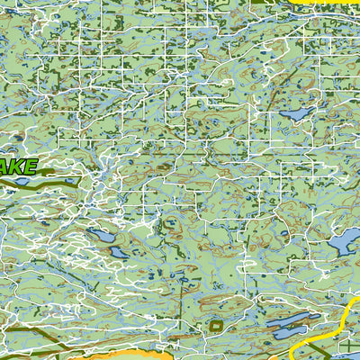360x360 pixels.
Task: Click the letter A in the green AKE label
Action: pyautogui.click(x=7, y=168)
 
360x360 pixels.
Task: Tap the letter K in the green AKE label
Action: pyautogui.click(x=19, y=167)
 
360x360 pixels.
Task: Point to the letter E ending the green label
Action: pyautogui.click(x=31, y=166)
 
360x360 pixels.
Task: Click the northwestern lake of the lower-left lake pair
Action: pyautogui.click(x=100, y=238)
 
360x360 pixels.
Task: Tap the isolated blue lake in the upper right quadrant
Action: pyautogui.click(x=294, y=114)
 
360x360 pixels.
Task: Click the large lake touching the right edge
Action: pyautogui.click(x=344, y=240)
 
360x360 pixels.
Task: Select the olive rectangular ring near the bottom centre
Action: pyautogui.click(x=216, y=324)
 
